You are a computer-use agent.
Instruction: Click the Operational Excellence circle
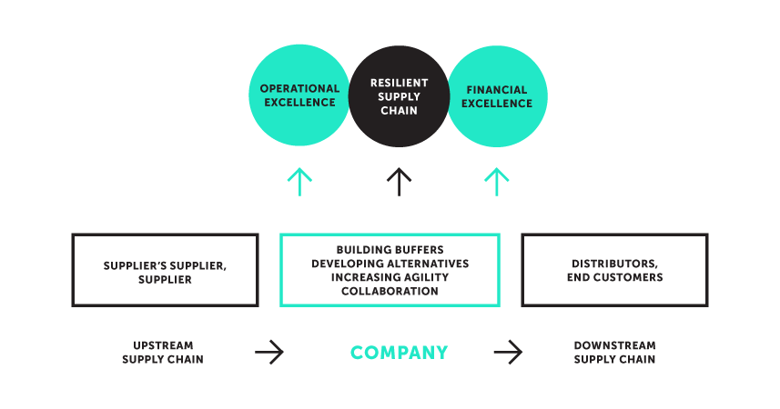click(299, 96)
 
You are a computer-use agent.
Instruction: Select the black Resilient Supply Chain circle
click(399, 96)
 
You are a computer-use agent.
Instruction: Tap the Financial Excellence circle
click(497, 96)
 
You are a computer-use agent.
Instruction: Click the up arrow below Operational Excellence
click(299, 182)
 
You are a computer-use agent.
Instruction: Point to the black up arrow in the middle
click(399, 182)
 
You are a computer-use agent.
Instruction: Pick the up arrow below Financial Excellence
click(497, 182)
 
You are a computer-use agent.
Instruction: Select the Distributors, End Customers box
click(614, 270)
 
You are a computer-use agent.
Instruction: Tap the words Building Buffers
click(390, 250)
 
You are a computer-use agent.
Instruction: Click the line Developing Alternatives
click(390, 264)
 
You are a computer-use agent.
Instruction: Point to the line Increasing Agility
click(390, 277)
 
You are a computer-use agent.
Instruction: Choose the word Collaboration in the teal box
click(390, 291)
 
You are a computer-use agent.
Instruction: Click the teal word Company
click(399, 353)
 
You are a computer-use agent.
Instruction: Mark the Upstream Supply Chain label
click(163, 353)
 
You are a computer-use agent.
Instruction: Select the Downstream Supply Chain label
click(614, 353)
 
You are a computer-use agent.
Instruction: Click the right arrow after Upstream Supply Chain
click(269, 353)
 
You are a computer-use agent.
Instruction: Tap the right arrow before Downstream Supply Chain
click(509, 353)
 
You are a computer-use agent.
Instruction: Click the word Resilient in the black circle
click(399, 83)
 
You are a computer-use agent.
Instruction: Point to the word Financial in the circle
click(497, 90)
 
